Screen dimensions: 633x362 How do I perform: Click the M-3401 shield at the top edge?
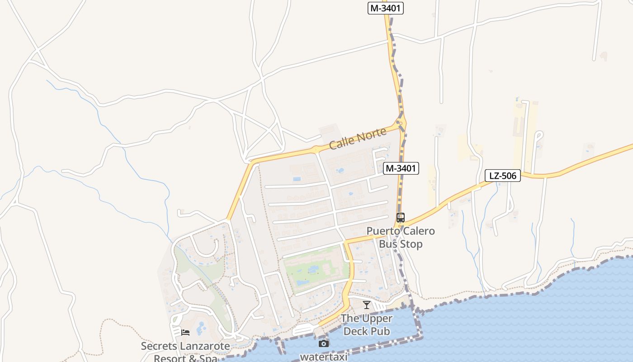pyautogui.click(x=385, y=8)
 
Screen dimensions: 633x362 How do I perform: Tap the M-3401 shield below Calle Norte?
pyautogui.click(x=401, y=168)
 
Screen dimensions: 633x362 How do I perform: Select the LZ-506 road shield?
pyautogui.click(x=503, y=176)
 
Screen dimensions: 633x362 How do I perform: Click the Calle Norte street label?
pyautogui.click(x=358, y=138)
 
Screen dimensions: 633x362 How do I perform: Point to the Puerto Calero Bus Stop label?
pyautogui.click(x=401, y=238)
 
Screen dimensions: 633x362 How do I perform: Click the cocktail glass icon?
pyautogui.click(x=367, y=305)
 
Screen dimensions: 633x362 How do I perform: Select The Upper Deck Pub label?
pyautogui.click(x=367, y=324)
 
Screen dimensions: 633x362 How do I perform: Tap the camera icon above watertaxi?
pyautogui.click(x=324, y=344)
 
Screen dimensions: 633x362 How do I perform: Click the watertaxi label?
pyautogui.click(x=324, y=357)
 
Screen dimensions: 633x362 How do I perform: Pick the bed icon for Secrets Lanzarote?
pyautogui.click(x=185, y=333)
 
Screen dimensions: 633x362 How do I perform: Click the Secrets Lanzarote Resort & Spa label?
pyautogui.click(x=185, y=352)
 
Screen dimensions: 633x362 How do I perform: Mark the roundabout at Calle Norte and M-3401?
pyautogui.click(x=400, y=123)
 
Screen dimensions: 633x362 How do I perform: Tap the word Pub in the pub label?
pyautogui.click(x=380, y=331)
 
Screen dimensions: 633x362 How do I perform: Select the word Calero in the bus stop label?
pyautogui.click(x=416, y=231)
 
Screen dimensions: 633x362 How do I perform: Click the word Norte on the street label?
pyautogui.click(x=372, y=134)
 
